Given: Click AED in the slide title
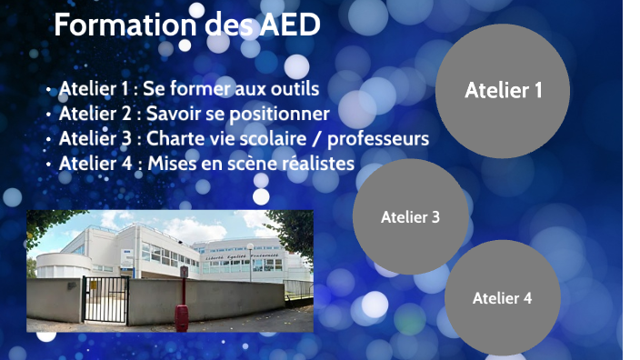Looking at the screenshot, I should (x=290, y=25).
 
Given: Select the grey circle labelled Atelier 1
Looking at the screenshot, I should (x=503, y=90).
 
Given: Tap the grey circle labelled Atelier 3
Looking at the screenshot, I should (x=410, y=217).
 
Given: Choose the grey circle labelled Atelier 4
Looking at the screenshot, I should (x=502, y=297).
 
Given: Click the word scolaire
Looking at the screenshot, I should (x=272, y=139).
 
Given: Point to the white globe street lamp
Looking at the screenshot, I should (x=249, y=245).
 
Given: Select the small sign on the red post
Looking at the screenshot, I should (x=184, y=271).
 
